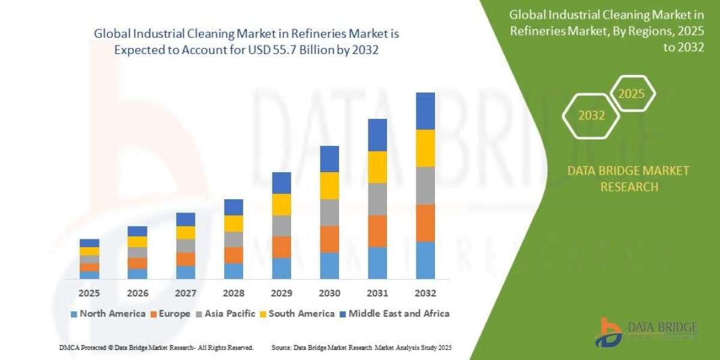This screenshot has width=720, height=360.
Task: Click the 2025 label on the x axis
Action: coord(89,293)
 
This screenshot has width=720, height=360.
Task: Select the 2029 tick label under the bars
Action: coord(281,293)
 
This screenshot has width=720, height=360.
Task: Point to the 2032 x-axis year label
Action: coord(425,293)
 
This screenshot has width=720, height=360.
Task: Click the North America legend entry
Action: coord(108,313)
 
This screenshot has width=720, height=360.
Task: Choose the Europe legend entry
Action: coord(170,313)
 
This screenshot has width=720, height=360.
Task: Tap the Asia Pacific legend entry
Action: coord(226,313)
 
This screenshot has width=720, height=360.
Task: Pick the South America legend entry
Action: coord(297,313)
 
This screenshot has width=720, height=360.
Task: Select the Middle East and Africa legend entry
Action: coord(394,313)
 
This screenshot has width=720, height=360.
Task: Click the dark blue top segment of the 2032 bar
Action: coord(425,111)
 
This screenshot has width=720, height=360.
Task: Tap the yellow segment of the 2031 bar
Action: coord(377,167)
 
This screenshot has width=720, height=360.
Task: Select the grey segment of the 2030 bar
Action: coord(329,212)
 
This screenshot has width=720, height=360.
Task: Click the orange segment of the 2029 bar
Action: coord(281,247)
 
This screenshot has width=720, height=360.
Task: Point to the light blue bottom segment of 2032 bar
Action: coord(425,260)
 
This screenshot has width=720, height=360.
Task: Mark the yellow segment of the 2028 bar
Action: coord(233,223)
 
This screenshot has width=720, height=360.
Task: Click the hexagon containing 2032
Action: coord(591,116)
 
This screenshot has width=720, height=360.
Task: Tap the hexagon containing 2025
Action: coord(631,94)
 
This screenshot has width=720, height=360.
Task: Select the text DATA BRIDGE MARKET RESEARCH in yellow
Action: coord(628,179)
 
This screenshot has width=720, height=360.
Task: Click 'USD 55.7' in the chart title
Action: coord(277,50)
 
